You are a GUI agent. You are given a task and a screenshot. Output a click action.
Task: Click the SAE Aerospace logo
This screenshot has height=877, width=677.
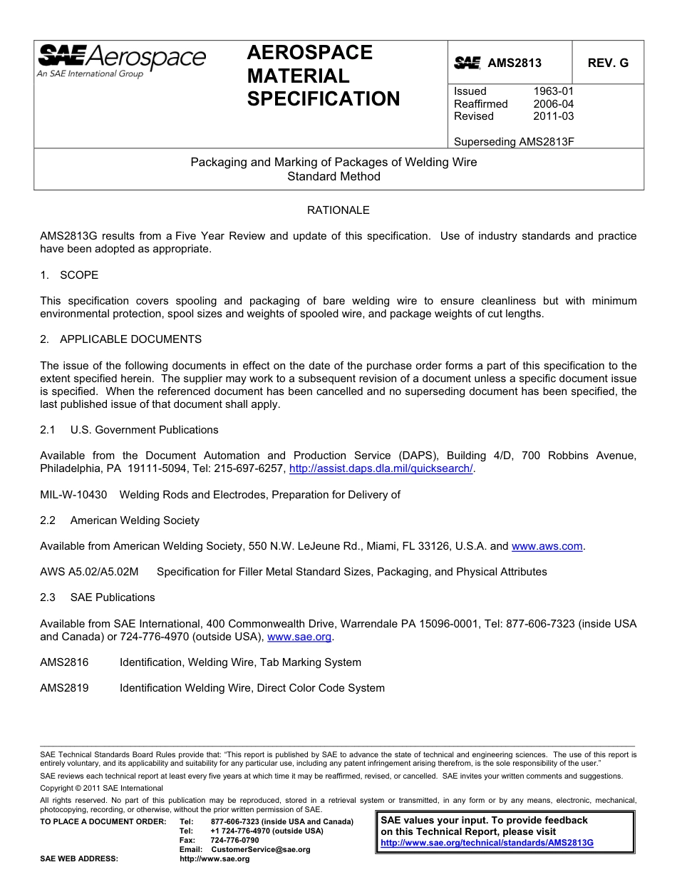121,61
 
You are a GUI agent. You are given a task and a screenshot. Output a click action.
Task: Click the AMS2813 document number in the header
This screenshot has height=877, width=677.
514,63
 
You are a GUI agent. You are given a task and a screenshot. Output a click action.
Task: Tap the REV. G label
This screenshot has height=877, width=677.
608,63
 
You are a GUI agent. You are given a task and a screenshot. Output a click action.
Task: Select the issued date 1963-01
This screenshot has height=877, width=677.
553,91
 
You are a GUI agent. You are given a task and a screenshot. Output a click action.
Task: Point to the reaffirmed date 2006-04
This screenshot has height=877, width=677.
553,104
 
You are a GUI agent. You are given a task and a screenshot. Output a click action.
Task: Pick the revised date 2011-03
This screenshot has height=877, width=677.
553,116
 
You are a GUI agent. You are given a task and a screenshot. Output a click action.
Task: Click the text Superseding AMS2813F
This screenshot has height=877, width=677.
514,142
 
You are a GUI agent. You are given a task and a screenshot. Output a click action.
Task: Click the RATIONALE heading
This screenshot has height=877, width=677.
338,210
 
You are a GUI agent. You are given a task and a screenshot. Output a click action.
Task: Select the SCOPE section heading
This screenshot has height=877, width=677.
78,275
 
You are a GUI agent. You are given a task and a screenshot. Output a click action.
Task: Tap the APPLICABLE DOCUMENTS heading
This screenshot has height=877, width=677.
130,339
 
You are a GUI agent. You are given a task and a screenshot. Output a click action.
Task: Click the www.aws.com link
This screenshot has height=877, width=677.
547,546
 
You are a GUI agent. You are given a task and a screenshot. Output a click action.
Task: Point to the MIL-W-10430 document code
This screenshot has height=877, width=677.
73,495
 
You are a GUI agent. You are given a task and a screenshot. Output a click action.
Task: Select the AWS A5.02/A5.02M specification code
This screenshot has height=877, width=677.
89,572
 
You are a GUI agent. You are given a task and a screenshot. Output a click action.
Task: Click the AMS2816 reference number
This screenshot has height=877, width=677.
64,662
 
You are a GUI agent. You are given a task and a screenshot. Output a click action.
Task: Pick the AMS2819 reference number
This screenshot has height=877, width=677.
64,688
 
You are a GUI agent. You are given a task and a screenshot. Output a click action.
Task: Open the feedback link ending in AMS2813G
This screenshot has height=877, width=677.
487,843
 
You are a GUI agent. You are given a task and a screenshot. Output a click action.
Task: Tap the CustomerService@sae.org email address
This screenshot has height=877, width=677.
261,849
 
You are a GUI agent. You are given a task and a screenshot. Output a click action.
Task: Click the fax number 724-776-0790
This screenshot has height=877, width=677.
234,840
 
